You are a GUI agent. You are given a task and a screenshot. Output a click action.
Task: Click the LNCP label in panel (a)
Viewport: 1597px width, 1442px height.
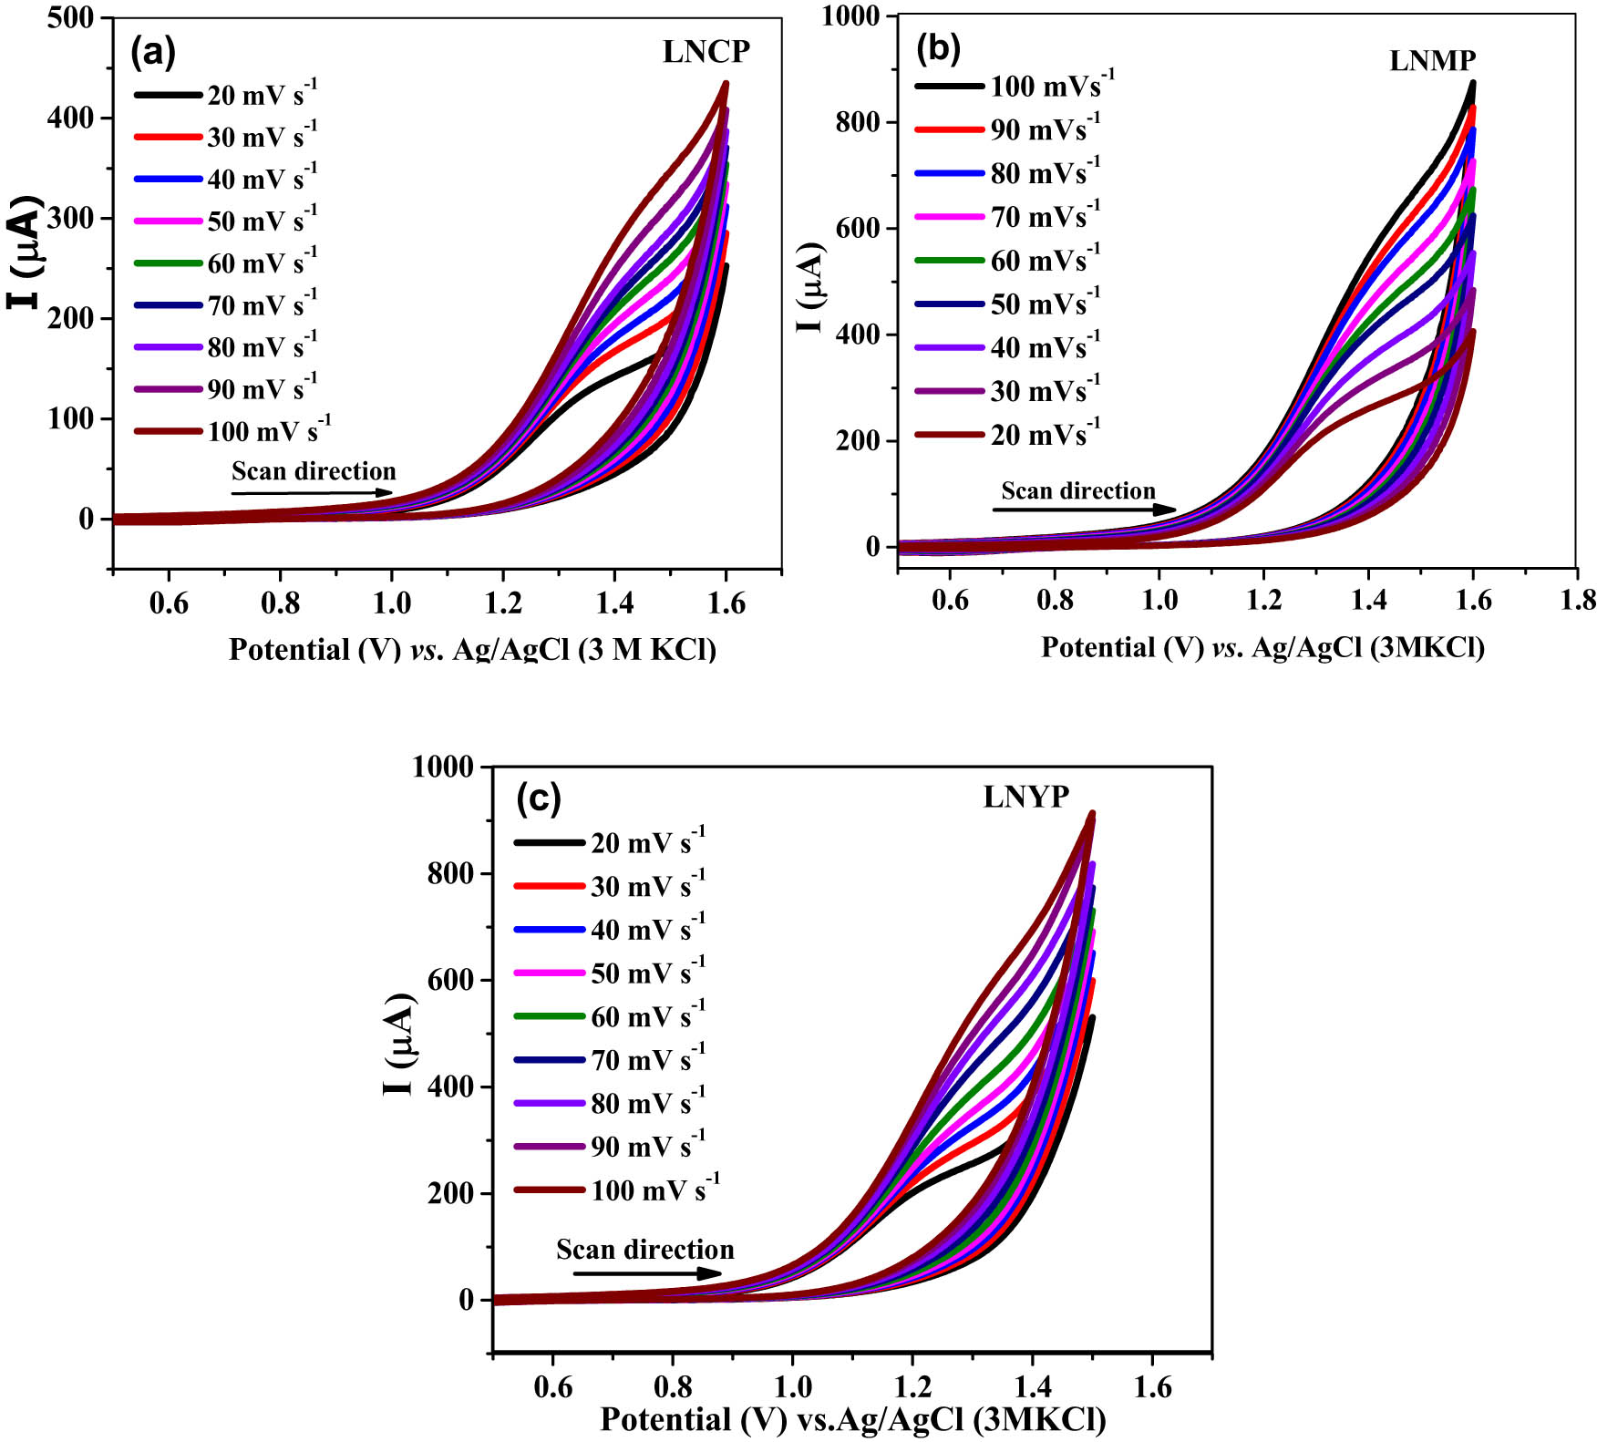(706, 52)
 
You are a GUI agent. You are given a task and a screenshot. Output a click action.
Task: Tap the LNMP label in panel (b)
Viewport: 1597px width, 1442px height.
(1432, 60)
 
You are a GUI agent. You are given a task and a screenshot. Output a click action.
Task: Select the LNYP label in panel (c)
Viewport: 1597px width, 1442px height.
(1025, 797)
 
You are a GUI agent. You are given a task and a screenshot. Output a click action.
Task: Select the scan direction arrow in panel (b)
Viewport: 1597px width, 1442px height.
(1084, 510)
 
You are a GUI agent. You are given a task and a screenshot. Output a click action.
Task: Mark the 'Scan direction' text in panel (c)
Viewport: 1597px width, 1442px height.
(644, 1249)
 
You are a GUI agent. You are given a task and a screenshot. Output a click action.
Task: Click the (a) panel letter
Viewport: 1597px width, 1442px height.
(152, 52)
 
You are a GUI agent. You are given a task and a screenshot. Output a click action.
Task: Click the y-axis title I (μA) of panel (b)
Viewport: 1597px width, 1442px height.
(809, 287)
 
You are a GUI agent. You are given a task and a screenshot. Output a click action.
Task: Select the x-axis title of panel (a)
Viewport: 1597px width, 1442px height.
(472, 649)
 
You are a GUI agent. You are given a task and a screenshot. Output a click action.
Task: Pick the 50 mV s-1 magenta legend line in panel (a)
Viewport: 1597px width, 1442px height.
(168, 221)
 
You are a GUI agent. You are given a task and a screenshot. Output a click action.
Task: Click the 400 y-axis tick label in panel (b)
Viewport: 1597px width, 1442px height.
(858, 335)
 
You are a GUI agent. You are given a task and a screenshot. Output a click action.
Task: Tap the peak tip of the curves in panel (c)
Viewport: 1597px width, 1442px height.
(1092, 813)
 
